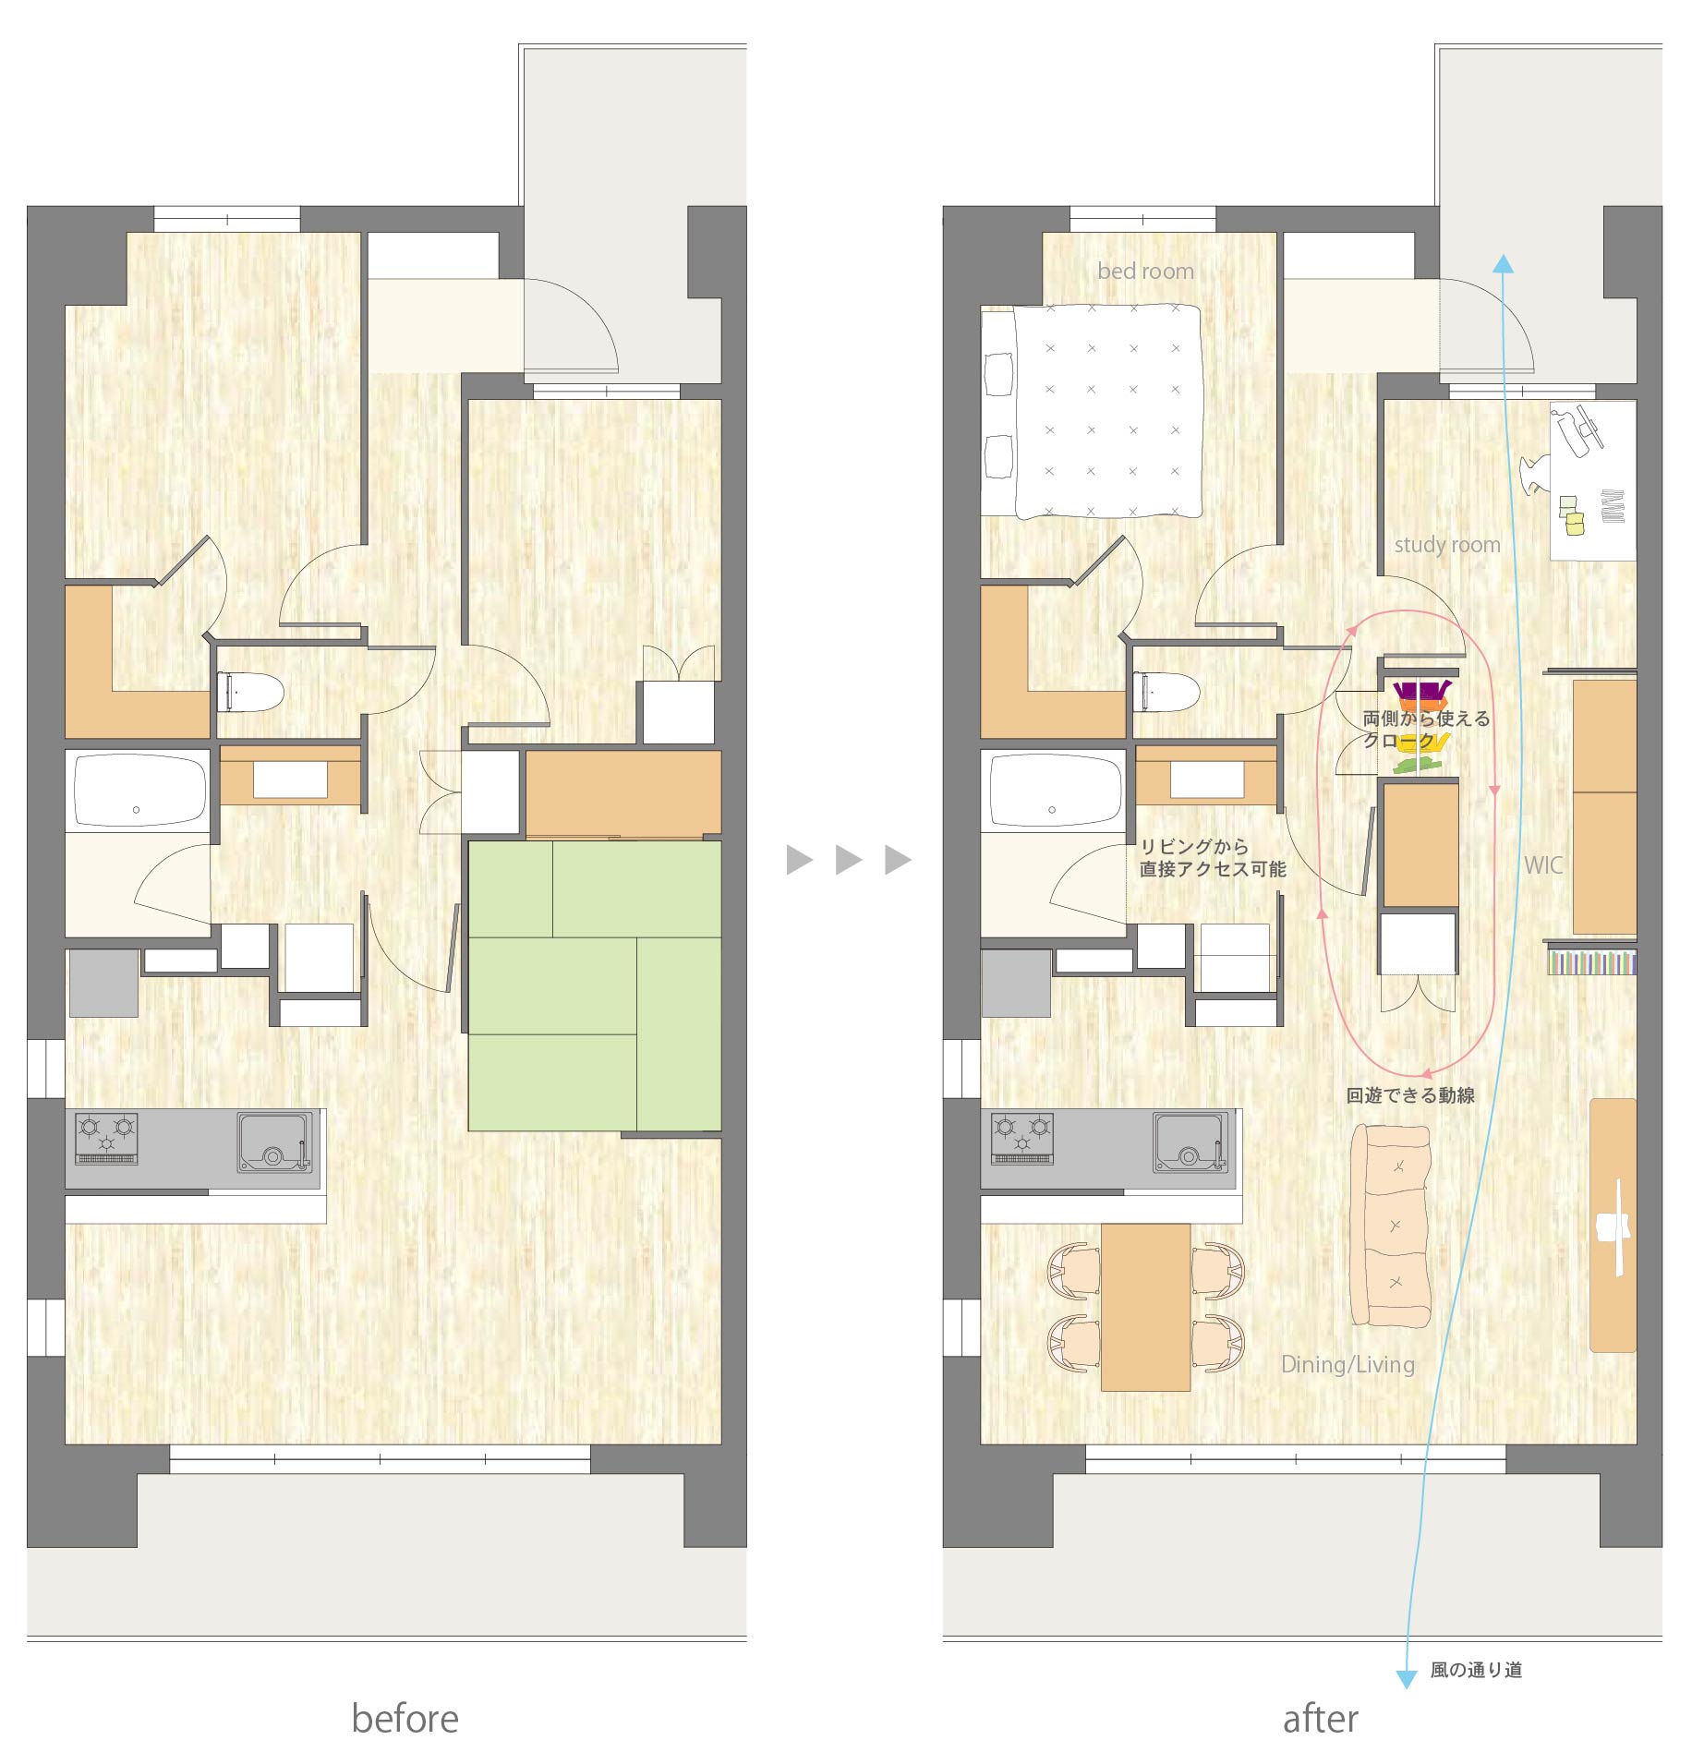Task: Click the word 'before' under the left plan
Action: click(x=405, y=1719)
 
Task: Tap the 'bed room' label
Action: click(x=1145, y=272)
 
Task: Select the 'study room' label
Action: click(x=1446, y=545)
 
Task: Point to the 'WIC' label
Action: click(x=1542, y=865)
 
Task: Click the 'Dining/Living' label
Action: click(x=1348, y=1364)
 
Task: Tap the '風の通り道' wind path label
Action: click(x=1476, y=1670)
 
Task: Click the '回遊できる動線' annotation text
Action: click(x=1410, y=1095)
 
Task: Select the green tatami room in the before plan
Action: click(x=595, y=985)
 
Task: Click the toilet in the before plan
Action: click(x=249, y=692)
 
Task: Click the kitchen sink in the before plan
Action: click(x=274, y=1142)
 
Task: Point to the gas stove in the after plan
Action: click(x=1022, y=1139)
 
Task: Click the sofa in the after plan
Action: click(x=1391, y=1226)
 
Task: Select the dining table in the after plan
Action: click(x=1145, y=1307)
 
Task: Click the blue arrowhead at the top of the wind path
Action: click(x=1504, y=264)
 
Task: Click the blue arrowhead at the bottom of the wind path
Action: click(x=1406, y=1679)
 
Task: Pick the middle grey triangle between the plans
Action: click(x=849, y=860)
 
